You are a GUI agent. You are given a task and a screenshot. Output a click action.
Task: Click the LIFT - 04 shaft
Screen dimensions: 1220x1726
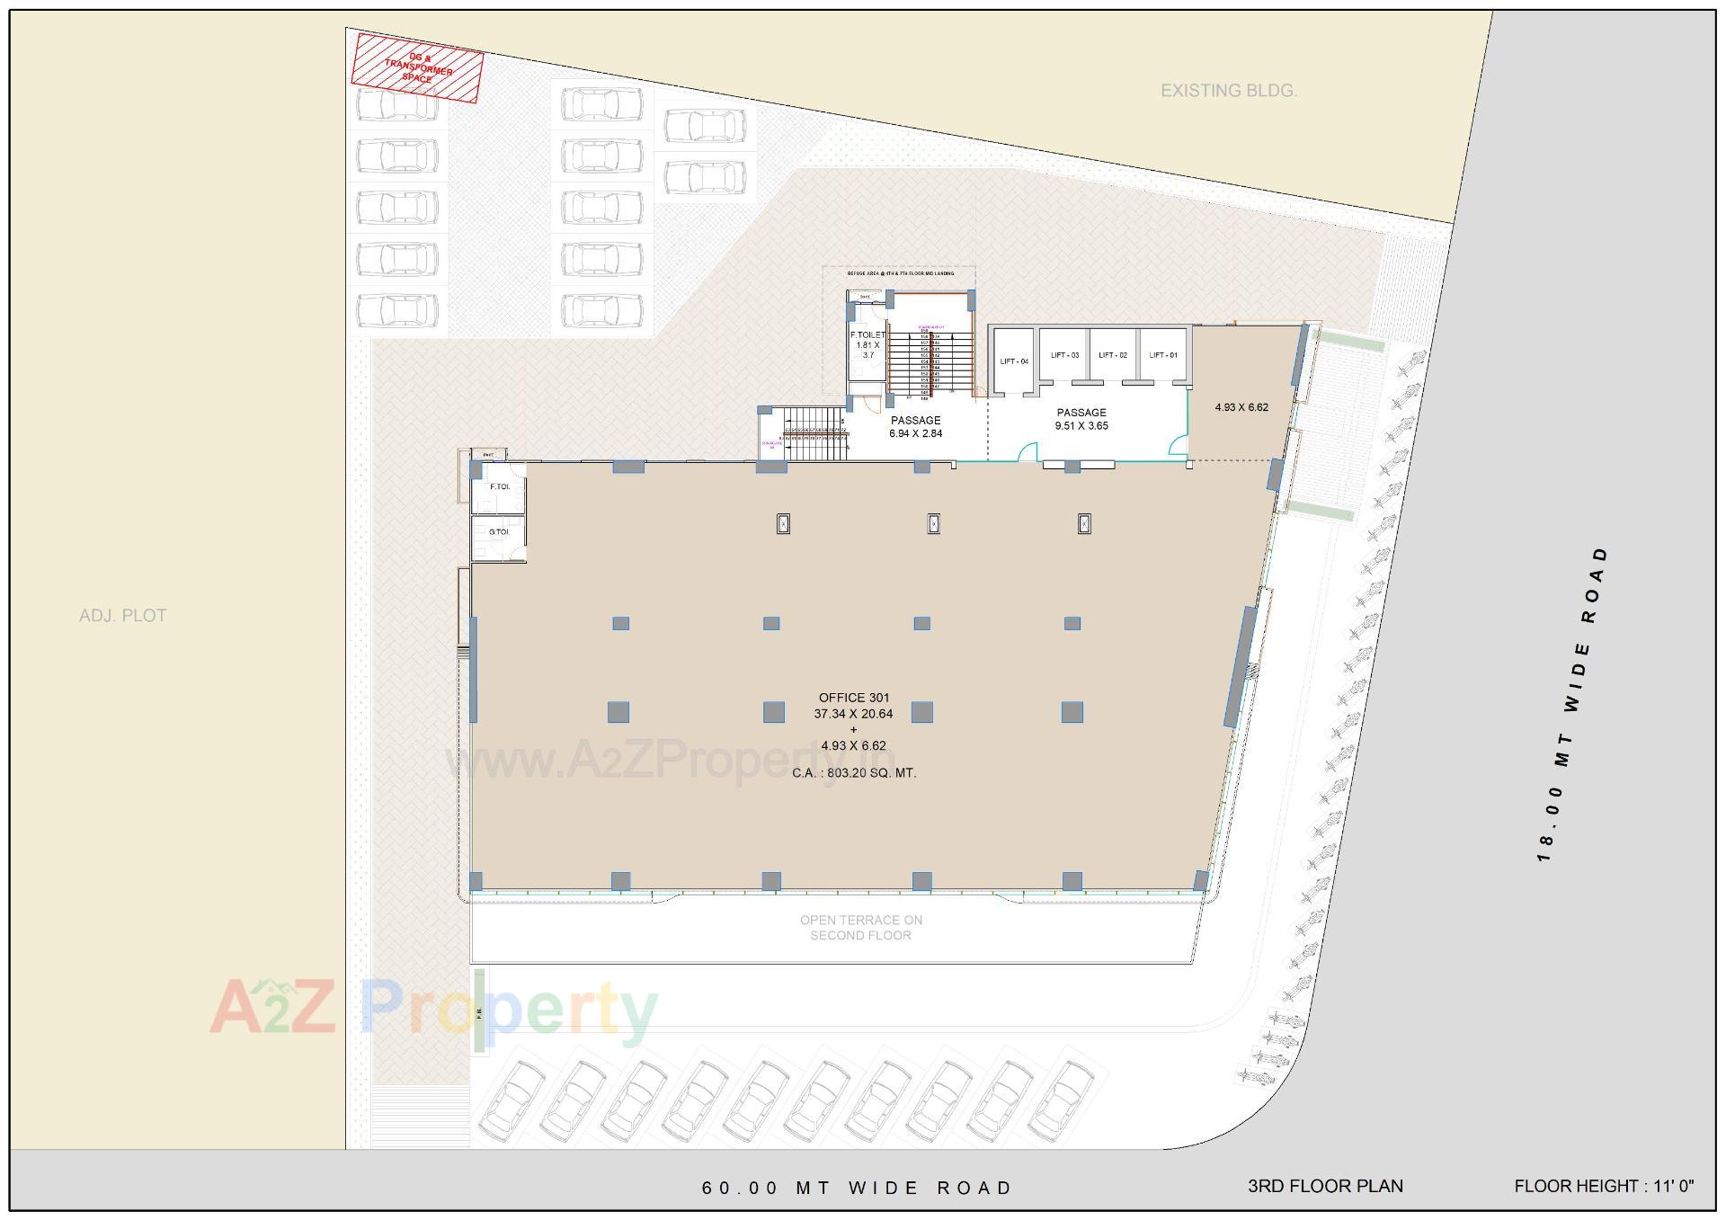1013,361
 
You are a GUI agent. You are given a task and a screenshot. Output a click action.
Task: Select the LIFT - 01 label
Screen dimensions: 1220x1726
1163,355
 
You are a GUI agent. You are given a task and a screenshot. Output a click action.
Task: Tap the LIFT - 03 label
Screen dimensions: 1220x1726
1064,355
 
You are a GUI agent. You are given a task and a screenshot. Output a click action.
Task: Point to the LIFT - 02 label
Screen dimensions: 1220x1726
1113,355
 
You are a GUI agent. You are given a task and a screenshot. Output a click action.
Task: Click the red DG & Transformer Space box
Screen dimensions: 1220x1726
417,67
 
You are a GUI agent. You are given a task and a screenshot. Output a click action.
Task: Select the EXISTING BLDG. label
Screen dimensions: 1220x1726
1228,91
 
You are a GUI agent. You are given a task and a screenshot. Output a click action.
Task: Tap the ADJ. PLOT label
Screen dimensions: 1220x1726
123,616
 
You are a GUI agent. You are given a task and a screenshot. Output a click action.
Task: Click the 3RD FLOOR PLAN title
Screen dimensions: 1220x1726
1325,1186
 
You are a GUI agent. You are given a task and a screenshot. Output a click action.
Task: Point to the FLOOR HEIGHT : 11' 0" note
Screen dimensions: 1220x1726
1604,1186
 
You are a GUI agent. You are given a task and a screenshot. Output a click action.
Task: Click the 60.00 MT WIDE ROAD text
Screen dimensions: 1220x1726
857,1188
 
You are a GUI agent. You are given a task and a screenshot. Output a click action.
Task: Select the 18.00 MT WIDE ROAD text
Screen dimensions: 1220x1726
1573,703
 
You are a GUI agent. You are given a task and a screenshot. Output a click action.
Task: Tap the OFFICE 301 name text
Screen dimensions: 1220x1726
854,698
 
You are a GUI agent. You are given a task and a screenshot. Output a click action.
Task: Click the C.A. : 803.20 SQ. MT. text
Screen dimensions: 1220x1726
854,772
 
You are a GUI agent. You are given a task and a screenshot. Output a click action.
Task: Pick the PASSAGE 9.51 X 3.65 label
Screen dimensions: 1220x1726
1081,419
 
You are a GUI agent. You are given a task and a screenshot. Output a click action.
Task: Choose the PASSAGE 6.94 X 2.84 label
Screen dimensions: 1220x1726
915,426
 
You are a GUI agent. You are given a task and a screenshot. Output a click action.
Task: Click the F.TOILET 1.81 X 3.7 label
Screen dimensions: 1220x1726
867,344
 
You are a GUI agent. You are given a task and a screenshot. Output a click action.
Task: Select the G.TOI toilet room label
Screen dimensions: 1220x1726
499,532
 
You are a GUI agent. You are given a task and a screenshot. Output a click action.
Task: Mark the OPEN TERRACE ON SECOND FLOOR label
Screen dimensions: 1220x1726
861,927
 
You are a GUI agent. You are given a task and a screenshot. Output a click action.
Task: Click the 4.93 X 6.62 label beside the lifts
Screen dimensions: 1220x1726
1241,407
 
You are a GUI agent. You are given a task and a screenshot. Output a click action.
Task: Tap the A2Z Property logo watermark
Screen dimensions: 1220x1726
433,1009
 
